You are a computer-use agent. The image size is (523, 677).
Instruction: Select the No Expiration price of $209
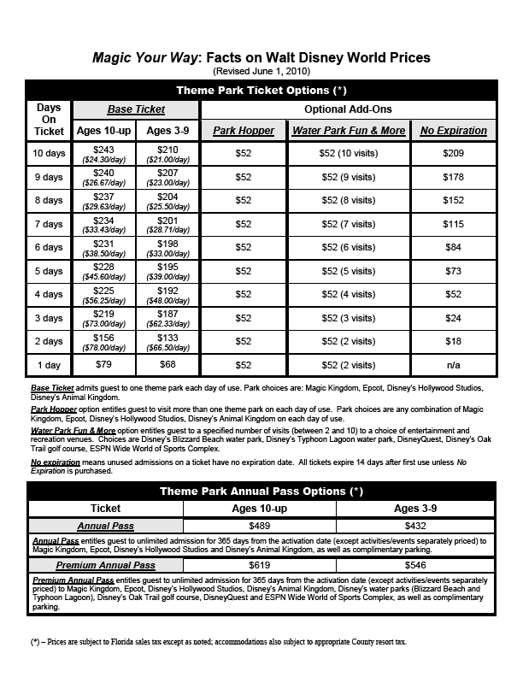coord(454,154)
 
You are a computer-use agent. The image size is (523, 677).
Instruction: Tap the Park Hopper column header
coord(244,131)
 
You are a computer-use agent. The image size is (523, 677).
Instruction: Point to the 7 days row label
coord(48,224)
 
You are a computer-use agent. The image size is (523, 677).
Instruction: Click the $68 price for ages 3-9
coord(168,365)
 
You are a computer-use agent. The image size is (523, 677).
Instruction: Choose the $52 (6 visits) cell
coord(349,247)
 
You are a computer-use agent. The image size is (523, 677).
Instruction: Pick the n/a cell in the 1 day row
coord(454,365)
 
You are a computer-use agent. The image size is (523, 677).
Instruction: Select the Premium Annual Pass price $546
coord(419,566)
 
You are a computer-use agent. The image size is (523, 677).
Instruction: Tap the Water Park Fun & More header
coord(349,131)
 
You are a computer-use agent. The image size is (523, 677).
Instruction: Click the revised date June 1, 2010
coord(261,71)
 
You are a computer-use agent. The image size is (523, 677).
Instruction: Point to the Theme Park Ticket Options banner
coord(261,90)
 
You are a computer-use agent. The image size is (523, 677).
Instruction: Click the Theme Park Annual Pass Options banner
coord(261,492)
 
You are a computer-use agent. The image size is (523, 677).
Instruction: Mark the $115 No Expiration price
coord(454,224)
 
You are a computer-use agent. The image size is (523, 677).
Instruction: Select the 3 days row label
coord(48,318)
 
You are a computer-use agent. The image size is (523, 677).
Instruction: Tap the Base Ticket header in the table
coord(136,109)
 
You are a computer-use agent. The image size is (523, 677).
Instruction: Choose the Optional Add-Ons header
coord(348,109)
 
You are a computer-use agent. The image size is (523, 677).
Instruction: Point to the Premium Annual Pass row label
coord(106,566)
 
